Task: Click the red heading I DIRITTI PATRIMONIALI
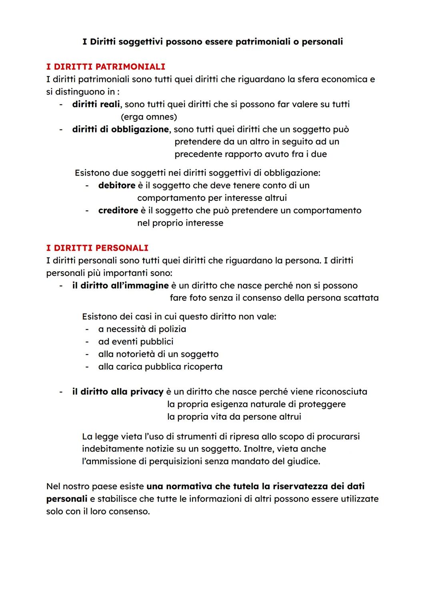click(106, 66)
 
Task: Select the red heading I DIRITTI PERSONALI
click(97, 248)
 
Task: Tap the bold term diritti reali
click(96, 104)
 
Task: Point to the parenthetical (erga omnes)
click(149, 117)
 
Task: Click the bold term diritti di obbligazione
click(120, 130)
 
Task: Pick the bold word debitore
click(117, 186)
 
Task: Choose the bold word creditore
click(118, 210)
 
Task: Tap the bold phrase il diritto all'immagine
click(120, 286)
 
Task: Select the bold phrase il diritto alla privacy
click(118, 392)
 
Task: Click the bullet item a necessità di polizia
click(142, 329)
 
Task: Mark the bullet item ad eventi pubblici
click(136, 342)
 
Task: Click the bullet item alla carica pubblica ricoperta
click(160, 367)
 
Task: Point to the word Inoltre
click(259, 449)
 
